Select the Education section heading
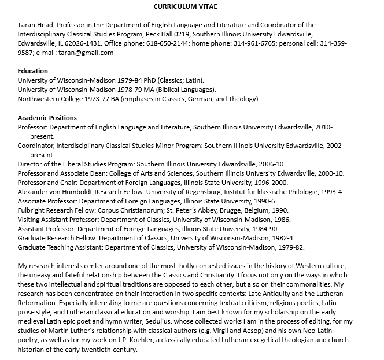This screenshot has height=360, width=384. coord(34,71)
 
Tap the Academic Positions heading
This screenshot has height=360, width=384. coord(47,118)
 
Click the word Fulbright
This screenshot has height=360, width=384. coord(32,210)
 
